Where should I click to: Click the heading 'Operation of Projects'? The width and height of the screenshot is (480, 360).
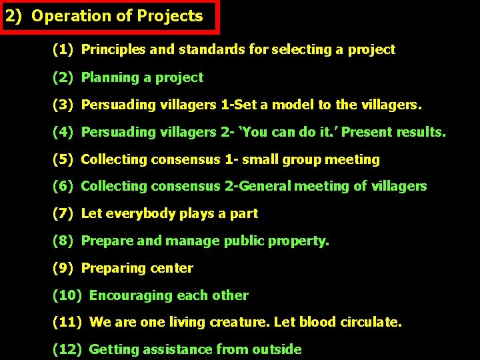[117, 17]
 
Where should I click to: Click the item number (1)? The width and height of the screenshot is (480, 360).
[63, 49]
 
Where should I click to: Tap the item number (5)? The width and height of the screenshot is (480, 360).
[63, 159]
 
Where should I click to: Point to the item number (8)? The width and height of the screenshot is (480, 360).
[63, 241]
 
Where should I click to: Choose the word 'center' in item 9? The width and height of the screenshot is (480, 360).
[171, 268]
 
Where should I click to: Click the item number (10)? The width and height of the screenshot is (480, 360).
[67, 295]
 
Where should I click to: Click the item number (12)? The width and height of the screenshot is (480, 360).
[67, 349]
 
